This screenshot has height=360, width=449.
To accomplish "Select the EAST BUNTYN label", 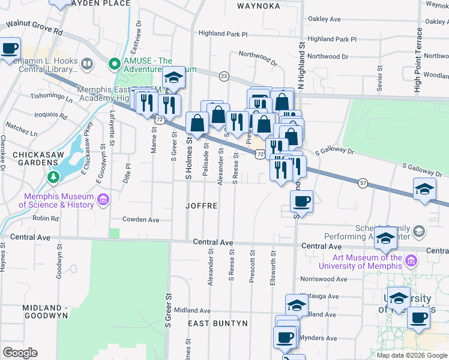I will pyautogui.click(x=217, y=323).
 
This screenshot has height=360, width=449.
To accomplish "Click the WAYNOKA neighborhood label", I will pyautogui.click(x=258, y=6).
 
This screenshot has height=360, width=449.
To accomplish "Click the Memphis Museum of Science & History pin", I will pyautogui.click(x=103, y=199).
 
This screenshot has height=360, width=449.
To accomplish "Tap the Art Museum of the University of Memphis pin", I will pyautogui.click(x=411, y=260).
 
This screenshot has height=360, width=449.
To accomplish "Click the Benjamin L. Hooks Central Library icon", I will pyautogui.click(x=87, y=63).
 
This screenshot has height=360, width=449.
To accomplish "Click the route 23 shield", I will pyautogui.click(x=224, y=76).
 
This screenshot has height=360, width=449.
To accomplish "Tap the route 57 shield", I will pyautogui.click(x=363, y=182).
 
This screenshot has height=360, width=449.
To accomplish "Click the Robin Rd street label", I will pyautogui.click(x=46, y=218).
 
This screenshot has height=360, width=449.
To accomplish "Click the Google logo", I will pyautogui.click(x=20, y=353).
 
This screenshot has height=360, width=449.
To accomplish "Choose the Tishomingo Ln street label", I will pyautogui.click(x=52, y=97).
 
